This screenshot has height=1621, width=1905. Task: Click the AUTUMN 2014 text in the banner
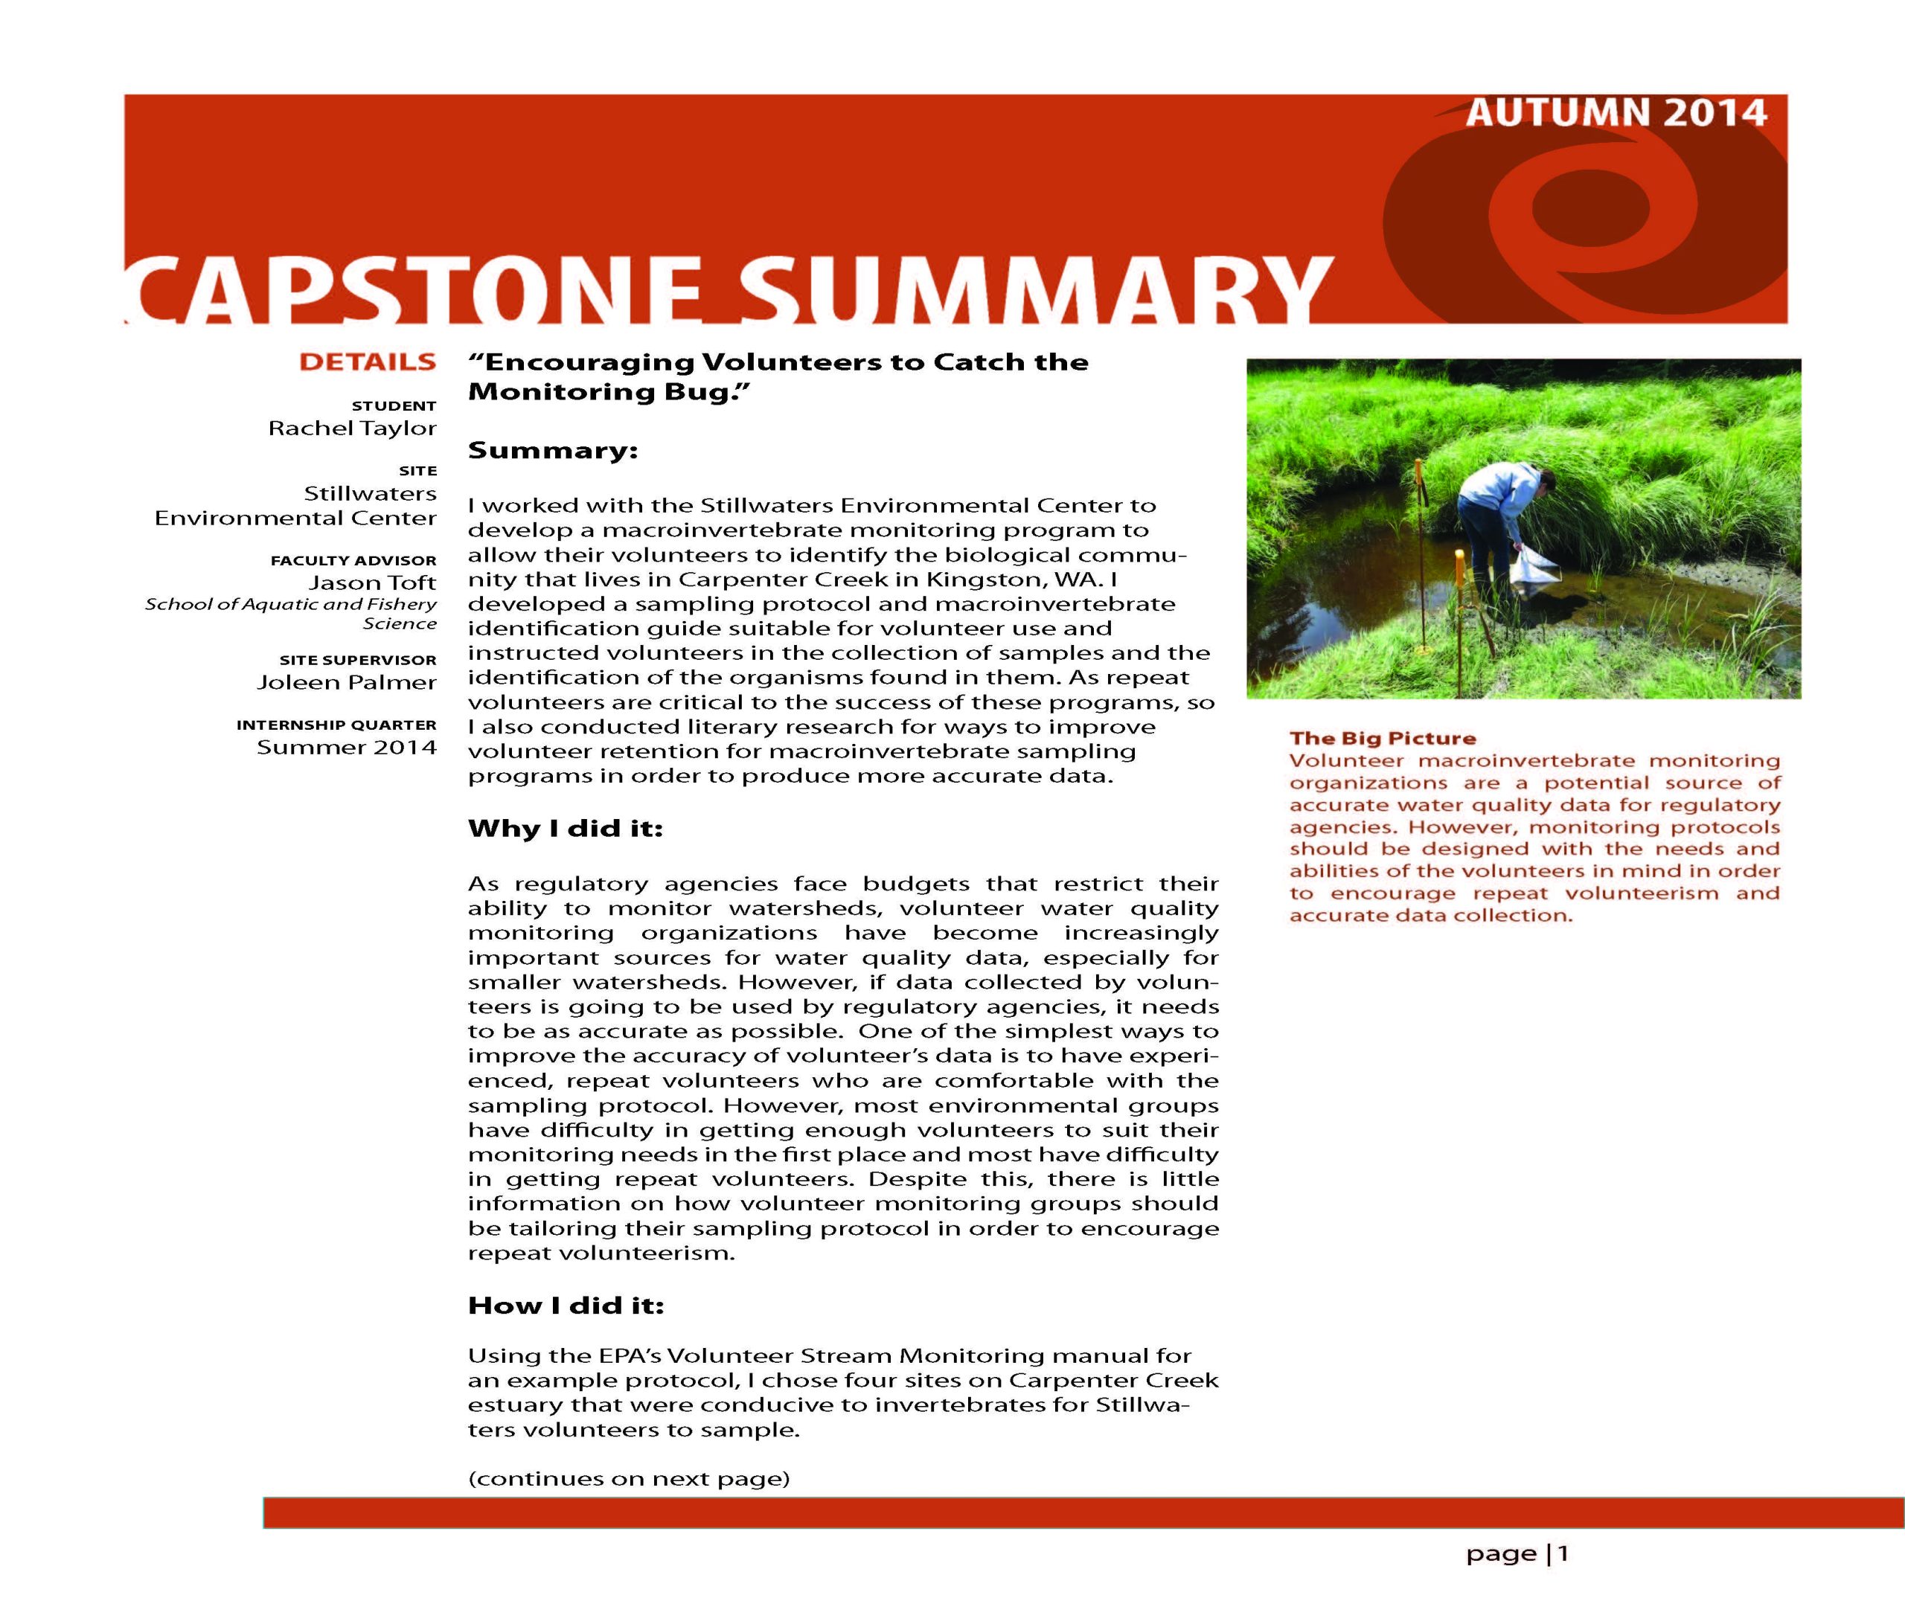1616,114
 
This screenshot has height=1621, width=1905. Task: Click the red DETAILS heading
368,362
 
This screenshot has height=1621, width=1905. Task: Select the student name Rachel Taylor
352,428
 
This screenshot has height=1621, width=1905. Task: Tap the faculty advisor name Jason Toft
372,582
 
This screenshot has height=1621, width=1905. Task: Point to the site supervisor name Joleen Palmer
347,682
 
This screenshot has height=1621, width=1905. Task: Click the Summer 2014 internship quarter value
347,747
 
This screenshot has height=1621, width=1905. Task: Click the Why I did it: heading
565,828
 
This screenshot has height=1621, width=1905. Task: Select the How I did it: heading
565,1305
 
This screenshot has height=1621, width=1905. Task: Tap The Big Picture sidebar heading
1382,738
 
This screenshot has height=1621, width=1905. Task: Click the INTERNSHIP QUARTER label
336,725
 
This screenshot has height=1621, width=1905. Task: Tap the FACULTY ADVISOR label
353,561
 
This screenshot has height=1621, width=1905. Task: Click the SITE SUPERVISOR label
357,660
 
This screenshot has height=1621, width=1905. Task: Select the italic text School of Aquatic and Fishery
290,604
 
